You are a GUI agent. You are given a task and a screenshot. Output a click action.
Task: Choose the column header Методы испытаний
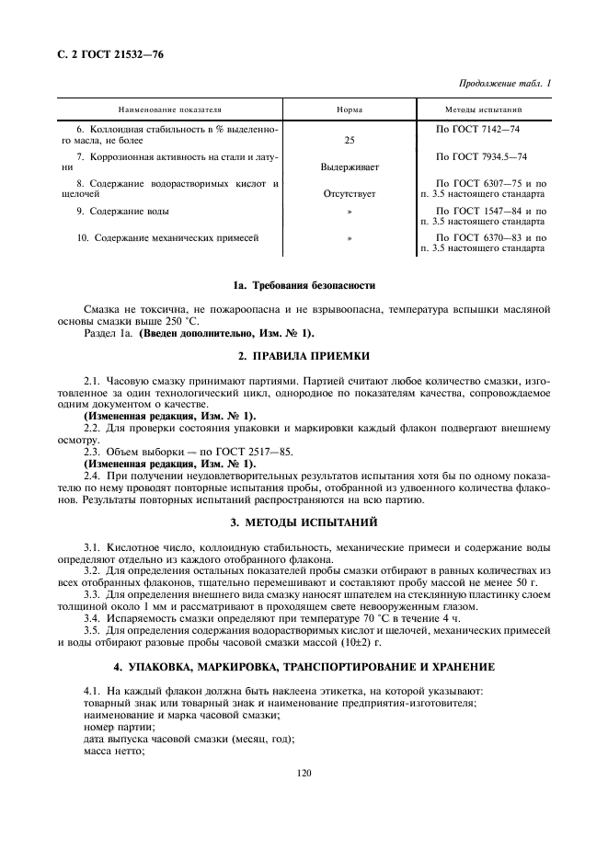pyautogui.click(x=491, y=109)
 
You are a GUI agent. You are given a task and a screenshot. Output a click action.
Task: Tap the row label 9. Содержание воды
pyautogui.click(x=122, y=211)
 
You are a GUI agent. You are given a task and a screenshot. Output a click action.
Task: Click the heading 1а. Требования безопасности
pyautogui.click(x=304, y=284)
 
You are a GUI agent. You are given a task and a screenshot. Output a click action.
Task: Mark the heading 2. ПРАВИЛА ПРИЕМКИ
pyautogui.click(x=304, y=354)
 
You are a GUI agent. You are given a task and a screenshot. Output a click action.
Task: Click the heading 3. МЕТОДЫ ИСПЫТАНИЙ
pyautogui.click(x=304, y=522)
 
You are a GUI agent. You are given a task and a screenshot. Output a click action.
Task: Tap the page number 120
pyautogui.click(x=304, y=773)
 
